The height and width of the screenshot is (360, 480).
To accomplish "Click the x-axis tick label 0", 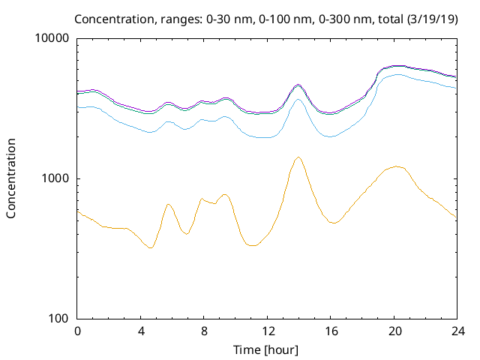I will (x=77, y=331).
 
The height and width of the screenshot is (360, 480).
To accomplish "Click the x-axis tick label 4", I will (x=140, y=331).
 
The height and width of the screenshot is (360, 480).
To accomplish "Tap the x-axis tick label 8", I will (x=203, y=331).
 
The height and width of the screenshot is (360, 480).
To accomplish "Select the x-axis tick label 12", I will (x=266, y=331).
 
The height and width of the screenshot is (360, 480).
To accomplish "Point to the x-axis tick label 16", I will (x=330, y=331).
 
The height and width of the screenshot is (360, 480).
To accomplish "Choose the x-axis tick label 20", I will (x=393, y=331).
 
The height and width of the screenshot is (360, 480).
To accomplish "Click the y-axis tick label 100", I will (x=58, y=319).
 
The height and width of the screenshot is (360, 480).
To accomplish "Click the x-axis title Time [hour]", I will (x=266, y=349).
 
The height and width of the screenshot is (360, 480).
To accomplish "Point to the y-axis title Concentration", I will (x=11, y=178).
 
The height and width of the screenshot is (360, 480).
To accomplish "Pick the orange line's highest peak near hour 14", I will (x=298, y=157).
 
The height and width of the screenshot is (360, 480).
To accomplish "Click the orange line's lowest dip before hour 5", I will (x=151, y=247).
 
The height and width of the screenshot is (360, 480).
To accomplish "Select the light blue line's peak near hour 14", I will (x=298, y=99).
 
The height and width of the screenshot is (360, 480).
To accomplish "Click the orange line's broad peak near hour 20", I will (x=396, y=166).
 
